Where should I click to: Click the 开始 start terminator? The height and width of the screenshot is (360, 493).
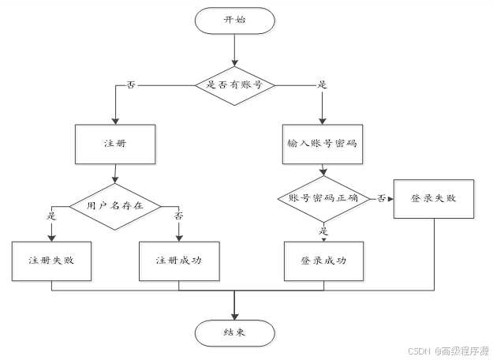point(234,21)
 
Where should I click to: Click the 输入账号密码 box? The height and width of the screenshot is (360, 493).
point(323,144)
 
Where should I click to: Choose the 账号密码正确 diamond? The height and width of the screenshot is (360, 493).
point(323,198)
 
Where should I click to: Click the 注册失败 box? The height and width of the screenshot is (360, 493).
point(51,260)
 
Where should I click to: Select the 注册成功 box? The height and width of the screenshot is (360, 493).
point(178,260)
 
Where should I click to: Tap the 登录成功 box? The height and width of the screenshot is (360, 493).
point(323,260)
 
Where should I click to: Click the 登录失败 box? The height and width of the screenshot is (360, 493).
point(434,197)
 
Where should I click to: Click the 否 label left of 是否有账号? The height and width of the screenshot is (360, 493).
point(131,84)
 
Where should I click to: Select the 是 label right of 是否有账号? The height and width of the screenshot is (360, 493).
point(322,84)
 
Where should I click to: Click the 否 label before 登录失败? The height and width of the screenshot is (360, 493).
point(381,197)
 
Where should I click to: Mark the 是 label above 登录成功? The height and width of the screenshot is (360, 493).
point(323,231)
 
